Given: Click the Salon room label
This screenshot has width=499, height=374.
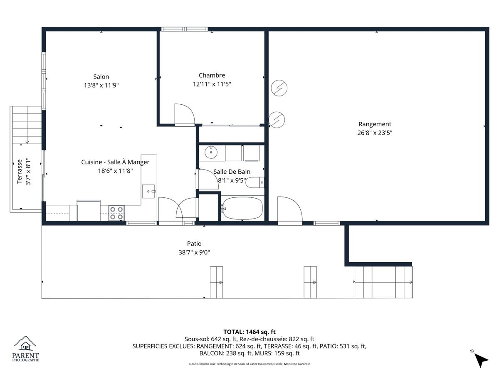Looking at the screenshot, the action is (x=101, y=77).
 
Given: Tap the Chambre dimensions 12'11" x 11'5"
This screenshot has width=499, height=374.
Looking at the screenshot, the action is (x=212, y=84).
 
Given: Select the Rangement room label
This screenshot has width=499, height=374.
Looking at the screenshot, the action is (x=375, y=124).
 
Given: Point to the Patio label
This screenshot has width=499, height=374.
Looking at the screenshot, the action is (x=194, y=244).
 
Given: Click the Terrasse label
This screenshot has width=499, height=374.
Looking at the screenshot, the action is (x=20, y=172).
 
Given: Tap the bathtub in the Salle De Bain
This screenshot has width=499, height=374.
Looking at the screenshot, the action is (x=242, y=208).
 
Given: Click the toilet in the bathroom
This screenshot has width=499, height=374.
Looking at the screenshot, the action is (x=255, y=182).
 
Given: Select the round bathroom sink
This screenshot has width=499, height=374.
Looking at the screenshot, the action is (x=211, y=153).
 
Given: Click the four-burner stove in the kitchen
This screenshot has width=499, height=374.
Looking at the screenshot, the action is (x=116, y=213).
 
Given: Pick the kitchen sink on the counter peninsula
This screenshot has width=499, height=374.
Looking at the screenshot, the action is (x=148, y=192).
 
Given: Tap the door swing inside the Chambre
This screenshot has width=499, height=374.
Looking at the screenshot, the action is (x=185, y=114).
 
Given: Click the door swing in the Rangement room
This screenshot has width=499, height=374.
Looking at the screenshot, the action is (x=290, y=209).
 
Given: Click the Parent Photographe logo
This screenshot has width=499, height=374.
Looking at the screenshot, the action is (x=25, y=349).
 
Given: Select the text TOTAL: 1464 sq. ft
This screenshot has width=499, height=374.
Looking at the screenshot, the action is (x=249, y=332).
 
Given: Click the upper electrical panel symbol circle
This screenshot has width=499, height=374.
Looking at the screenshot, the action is (x=279, y=88).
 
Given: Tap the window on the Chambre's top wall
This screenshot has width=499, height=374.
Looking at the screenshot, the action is (x=185, y=29).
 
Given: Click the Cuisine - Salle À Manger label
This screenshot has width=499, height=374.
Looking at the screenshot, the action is (x=115, y=162).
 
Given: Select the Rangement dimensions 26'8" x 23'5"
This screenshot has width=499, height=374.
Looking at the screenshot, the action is (x=375, y=133).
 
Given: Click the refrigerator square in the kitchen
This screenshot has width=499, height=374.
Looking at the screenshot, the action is (x=89, y=210).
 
